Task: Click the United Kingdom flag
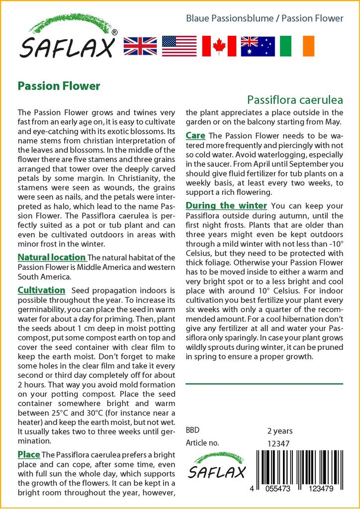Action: (140, 46)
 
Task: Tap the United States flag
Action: (179, 46)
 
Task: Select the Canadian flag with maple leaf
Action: (219, 46)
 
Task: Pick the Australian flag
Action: (258, 46)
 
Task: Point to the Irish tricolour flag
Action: (297, 46)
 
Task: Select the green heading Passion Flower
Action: (59, 86)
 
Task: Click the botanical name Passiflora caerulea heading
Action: (295, 100)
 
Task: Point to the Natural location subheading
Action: (52, 257)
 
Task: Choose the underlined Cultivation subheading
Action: (41, 290)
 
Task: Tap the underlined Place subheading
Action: (29, 454)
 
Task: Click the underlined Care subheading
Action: (195, 135)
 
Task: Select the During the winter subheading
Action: (226, 206)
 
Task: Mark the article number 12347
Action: (278, 443)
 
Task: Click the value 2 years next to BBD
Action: (280, 430)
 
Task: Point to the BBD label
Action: (193, 430)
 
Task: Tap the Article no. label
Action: (202, 443)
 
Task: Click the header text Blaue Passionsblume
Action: (229, 18)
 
